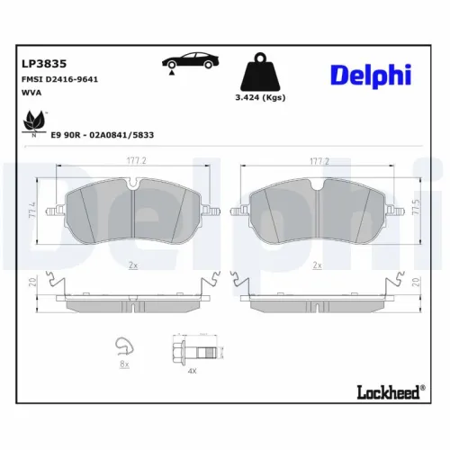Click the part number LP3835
coord(40,63)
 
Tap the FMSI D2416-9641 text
coord(59,79)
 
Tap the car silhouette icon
coord(187,64)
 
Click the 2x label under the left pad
coord(133,265)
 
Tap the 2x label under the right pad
coord(317,265)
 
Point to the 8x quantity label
coord(125,365)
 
